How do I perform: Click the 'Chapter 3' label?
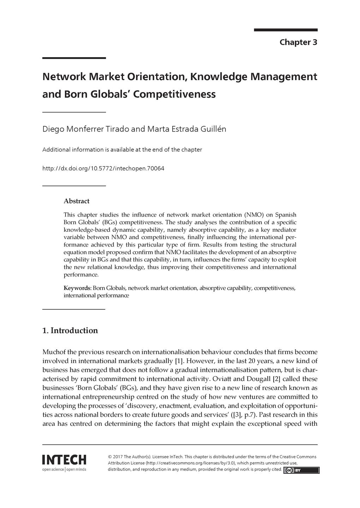[x=298, y=42]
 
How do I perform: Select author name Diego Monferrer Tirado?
[x=85, y=129]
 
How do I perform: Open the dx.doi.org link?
[x=103, y=169]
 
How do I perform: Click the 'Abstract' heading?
[x=76, y=201]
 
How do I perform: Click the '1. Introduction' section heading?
[x=70, y=331]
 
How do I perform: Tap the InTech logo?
[x=64, y=460]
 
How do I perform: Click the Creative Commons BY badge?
[x=301, y=470]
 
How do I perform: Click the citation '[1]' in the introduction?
[x=179, y=361]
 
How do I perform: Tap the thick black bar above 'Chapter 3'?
[x=286, y=30]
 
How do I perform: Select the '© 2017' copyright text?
[x=115, y=456]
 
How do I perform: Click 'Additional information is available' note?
[x=122, y=150]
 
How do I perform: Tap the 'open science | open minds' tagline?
[x=64, y=470]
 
